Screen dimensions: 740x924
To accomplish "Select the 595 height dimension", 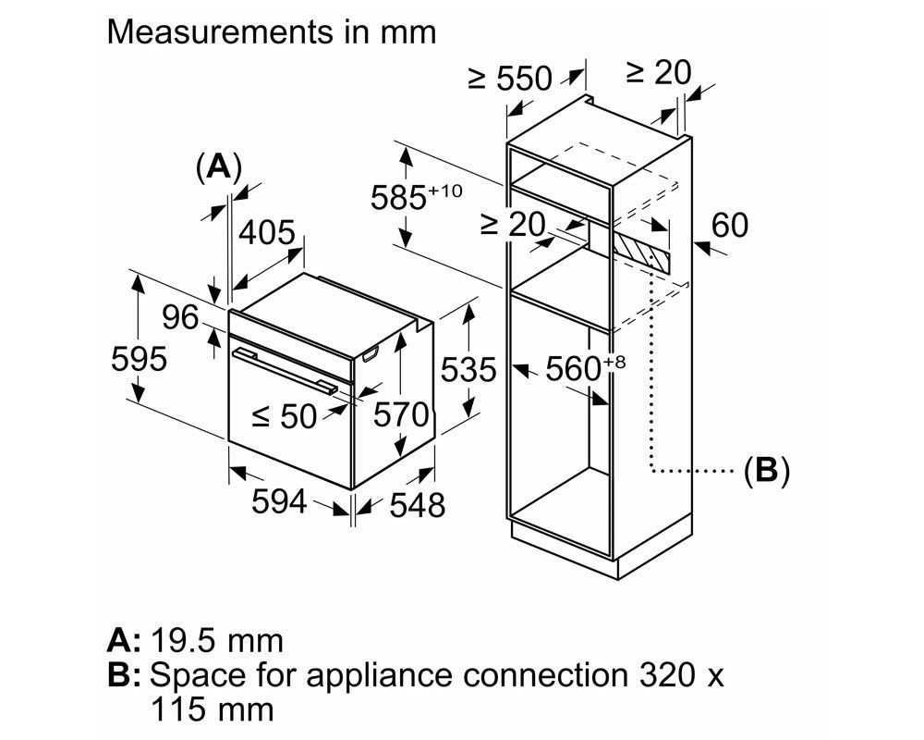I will click(x=138, y=359).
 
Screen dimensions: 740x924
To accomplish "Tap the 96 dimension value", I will click(x=180, y=317).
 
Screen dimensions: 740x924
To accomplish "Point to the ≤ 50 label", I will click(x=285, y=416).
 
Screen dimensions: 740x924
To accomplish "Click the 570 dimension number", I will click(x=400, y=414).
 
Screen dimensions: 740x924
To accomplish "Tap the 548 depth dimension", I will click(x=416, y=505).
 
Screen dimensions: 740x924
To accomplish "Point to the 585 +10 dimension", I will click(x=414, y=197).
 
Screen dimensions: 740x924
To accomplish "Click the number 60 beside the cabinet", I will click(x=730, y=225).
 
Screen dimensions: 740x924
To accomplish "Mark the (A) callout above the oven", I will click(x=218, y=166).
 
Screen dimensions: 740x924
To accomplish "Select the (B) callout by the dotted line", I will click(x=767, y=472).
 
